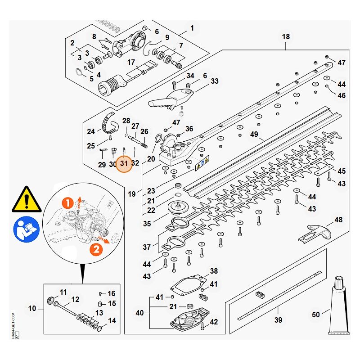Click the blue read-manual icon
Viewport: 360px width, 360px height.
(x=27, y=229)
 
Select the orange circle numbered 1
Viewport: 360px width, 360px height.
(x=67, y=204)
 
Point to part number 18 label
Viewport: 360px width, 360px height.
(x=286, y=36)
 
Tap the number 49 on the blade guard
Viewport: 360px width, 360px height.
(x=254, y=134)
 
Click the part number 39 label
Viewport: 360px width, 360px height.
(x=279, y=320)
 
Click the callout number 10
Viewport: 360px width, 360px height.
(x=32, y=308)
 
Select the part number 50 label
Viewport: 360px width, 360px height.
(x=316, y=315)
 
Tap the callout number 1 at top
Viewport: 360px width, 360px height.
(x=192, y=28)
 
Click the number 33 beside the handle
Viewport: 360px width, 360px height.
(x=215, y=81)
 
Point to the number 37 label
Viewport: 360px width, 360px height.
(x=147, y=247)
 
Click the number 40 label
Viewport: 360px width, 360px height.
(x=139, y=313)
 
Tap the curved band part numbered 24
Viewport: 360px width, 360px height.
(x=110, y=121)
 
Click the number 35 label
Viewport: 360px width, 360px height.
(x=147, y=223)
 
